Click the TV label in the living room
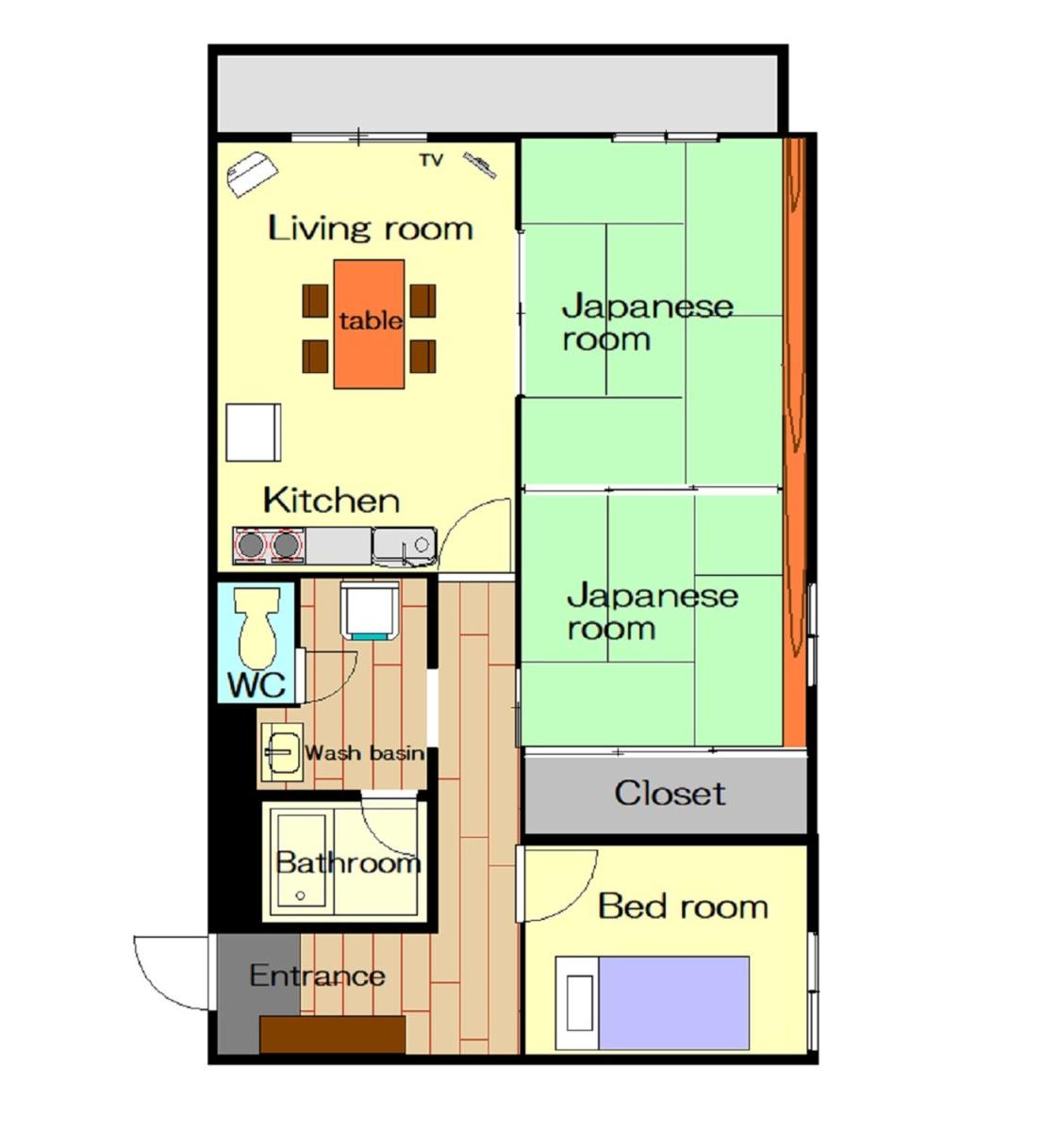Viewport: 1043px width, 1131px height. click(431, 160)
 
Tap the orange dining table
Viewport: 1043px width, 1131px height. click(369, 324)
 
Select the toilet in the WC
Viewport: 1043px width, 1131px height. click(257, 628)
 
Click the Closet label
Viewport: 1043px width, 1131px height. click(670, 794)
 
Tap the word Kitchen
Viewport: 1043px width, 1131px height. click(331, 500)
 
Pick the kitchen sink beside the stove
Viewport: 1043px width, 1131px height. click(405, 547)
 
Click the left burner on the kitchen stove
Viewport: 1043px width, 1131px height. click(251, 545)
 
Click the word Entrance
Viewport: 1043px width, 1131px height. click(317, 975)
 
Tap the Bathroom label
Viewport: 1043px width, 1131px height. click(348, 863)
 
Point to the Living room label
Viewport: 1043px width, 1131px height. click(371, 228)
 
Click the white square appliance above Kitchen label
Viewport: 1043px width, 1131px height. click(254, 433)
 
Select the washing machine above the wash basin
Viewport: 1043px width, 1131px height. click(370, 611)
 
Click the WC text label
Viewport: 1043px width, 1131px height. click(257, 685)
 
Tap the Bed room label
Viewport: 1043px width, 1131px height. click(683, 907)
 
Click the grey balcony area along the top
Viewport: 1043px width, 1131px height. click(498, 93)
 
